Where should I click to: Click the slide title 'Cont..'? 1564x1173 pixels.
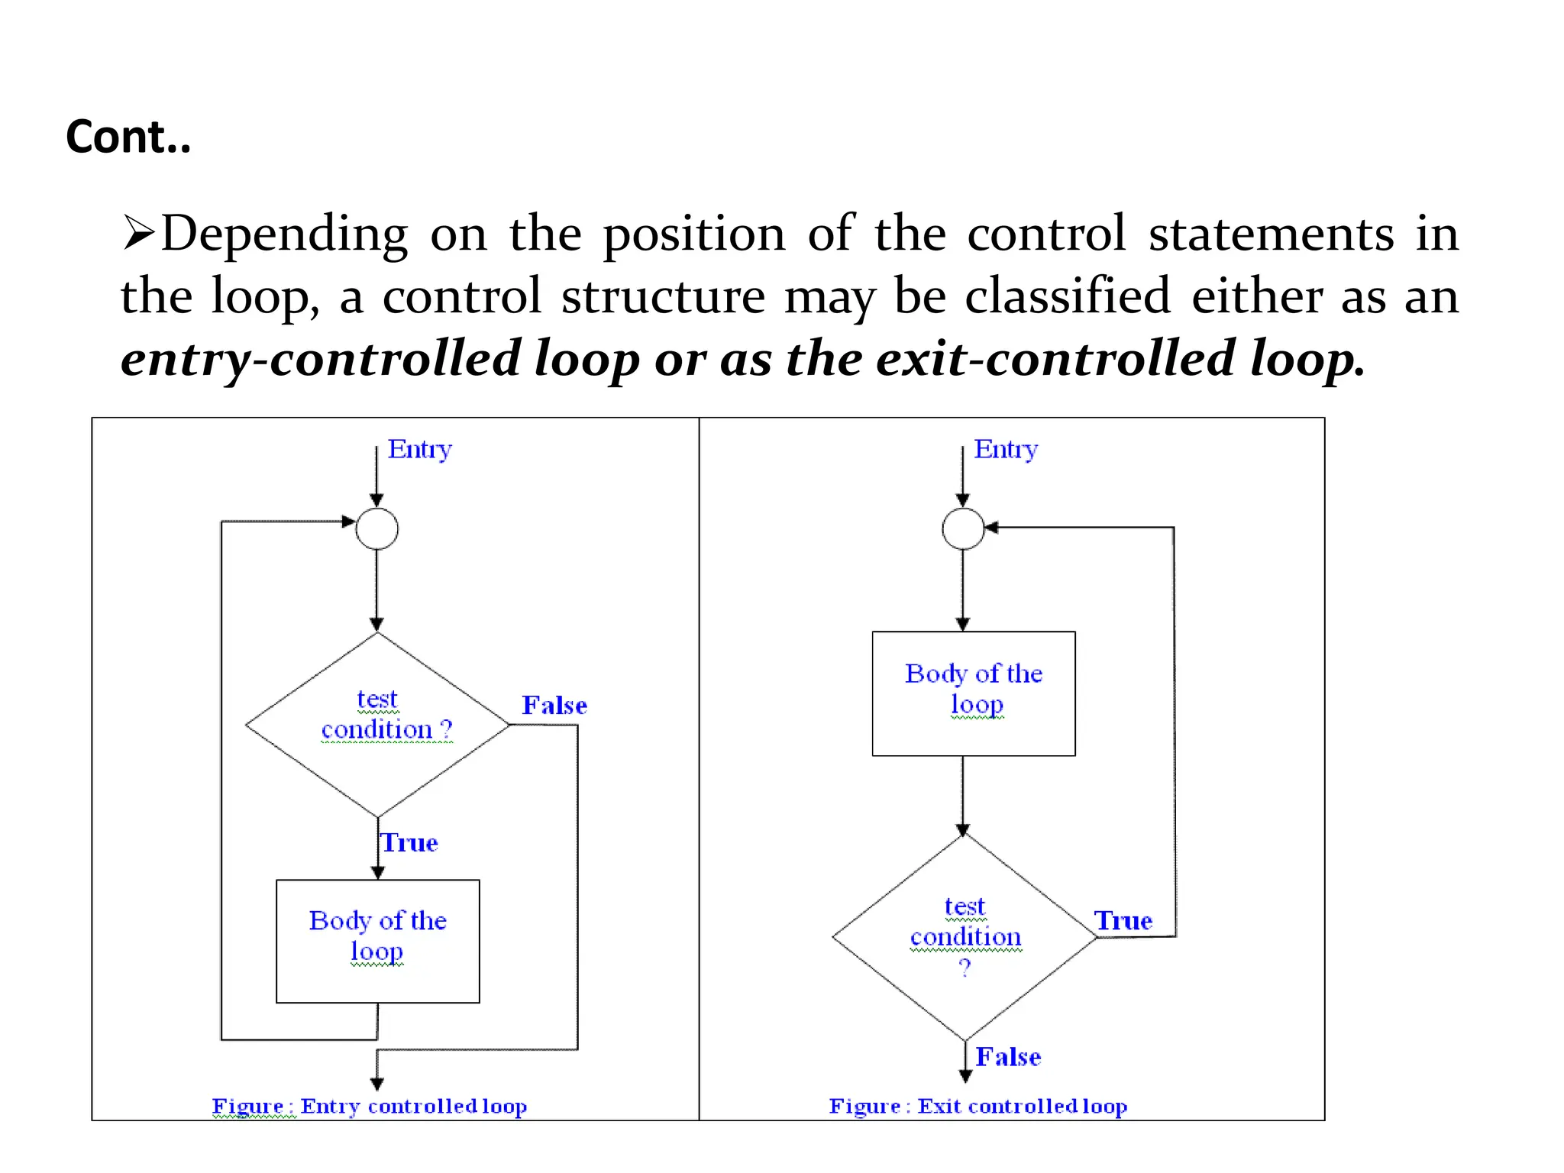tap(128, 137)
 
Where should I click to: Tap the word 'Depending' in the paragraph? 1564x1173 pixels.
tap(284, 234)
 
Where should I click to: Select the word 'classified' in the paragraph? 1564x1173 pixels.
tap(1067, 296)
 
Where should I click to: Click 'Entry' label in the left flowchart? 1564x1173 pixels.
tap(419, 449)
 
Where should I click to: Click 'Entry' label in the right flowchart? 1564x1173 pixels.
tap(1006, 449)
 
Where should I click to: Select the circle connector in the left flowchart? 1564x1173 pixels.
tap(377, 528)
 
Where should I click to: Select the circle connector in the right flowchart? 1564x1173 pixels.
tap(963, 528)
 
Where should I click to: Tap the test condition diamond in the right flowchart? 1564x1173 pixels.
tap(965, 937)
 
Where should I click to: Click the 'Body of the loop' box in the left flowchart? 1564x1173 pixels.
tap(378, 941)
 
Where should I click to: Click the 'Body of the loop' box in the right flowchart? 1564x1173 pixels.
tap(974, 693)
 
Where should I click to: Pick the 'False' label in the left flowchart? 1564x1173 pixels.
tap(554, 706)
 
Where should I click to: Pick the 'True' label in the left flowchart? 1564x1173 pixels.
tap(410, 843)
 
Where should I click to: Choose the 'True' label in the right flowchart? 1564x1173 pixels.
tap(1123, 921)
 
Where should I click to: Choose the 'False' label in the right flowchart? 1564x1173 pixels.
tap(1008, 1057)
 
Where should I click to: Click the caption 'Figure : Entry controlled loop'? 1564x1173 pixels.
tap(370, 1106)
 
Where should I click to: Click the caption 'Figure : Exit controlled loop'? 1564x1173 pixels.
tap(978, 1106)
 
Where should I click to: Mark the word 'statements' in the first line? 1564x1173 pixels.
tap(1272, 233)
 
